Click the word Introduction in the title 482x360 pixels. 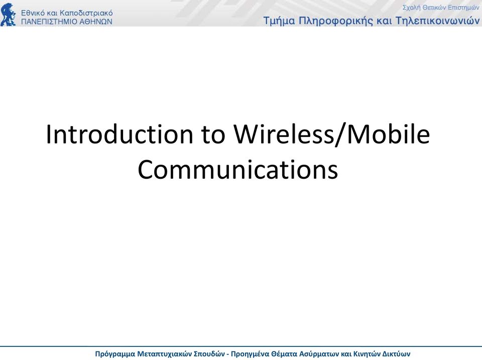[119, 134]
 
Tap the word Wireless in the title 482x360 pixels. [283, 134]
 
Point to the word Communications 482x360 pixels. [237, 169]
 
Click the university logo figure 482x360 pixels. [9, 15]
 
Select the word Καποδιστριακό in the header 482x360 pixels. [86, 13]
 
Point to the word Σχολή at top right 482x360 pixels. [411, 8]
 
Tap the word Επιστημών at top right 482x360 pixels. [463, 8]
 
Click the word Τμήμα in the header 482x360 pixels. [279, 21]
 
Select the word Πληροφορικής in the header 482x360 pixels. [337, 21]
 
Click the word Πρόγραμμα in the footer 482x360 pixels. [115, 354]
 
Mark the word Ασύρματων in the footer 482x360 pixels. [319, 354]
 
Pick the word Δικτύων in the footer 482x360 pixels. [396, 354]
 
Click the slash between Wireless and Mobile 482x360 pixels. [340, 134]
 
